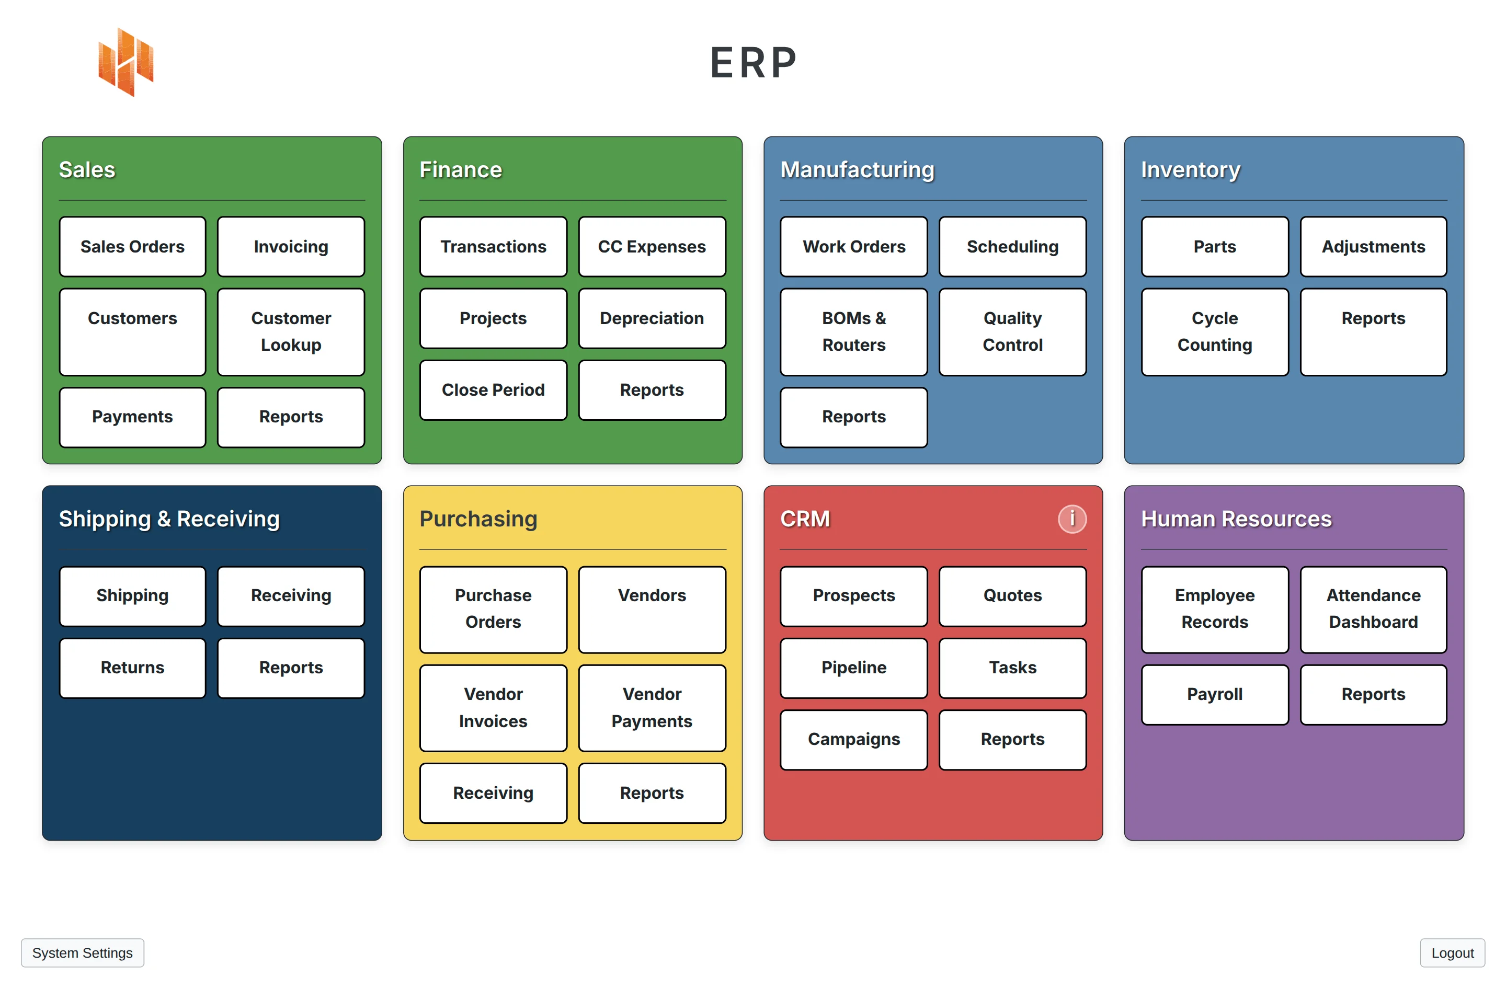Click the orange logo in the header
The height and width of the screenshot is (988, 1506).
tap(126, 62)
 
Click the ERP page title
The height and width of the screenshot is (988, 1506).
tap(753, 63)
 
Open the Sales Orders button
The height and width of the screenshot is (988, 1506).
tap(132, 247)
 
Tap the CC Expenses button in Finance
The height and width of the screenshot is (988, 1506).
tap(651, 247)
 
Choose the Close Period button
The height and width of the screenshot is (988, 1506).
tap(493, 389)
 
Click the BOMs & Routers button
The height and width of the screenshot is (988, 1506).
tap(853, 331)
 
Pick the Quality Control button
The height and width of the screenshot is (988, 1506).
tap(1012, 331)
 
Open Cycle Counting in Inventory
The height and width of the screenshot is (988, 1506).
tap(1214, 331)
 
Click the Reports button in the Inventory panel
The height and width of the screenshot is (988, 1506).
tap(1373, 331)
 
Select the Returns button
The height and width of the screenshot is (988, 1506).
tap(132, 668)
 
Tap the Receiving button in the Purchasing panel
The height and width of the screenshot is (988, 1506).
tap(493, 792)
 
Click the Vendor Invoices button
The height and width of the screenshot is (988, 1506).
tap(493, 707)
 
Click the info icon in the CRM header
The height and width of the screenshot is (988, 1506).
tap(1071, 519)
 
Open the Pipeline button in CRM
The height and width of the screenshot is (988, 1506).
tap(853, 668)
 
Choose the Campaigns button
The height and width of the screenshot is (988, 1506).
tap(853, 739)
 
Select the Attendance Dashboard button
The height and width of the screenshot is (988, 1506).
tap(1373, 608)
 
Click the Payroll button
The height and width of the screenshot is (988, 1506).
tap(1214, 694)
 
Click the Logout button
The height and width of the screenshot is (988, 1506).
tap(1452, 952)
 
